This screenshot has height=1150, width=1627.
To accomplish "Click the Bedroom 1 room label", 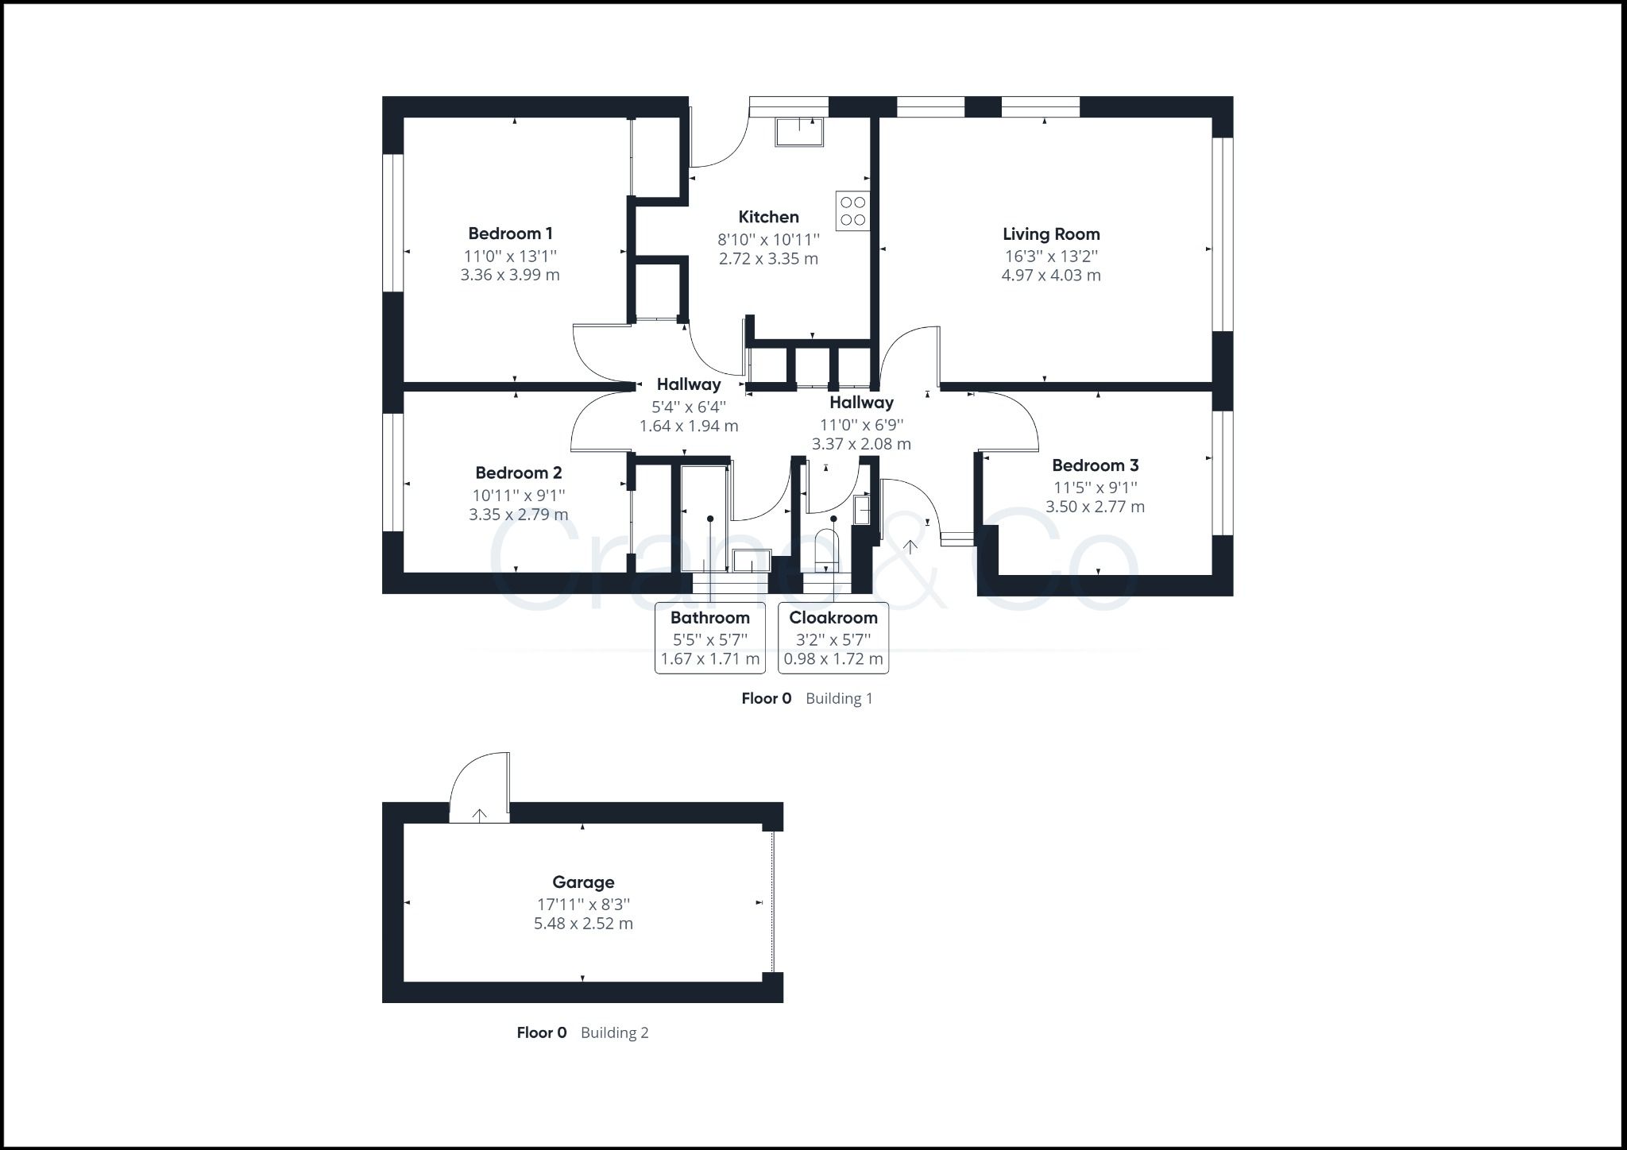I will coord(510,233).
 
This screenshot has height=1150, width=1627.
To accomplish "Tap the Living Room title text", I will coord(1051,234).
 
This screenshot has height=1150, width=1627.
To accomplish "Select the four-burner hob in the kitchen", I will coord(852,210).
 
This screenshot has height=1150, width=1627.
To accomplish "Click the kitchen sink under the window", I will coord(799,132).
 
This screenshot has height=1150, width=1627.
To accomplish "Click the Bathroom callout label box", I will coord(710,638).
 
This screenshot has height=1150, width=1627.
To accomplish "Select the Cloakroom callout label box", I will coord(833,638).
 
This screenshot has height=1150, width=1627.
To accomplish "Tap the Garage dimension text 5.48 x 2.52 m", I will coord(583,924).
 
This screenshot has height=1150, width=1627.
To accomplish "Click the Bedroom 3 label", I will coord(1095,465).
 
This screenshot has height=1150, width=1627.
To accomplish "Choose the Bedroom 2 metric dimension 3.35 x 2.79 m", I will coord(518,515).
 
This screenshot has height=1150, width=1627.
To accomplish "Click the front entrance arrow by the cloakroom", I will coord(910,546).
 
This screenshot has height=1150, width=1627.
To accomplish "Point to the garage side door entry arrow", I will coord(480,815).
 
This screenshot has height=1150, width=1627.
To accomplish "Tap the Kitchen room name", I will coord(768,217).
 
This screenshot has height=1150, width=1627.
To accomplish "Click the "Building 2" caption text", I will coord(614,1032).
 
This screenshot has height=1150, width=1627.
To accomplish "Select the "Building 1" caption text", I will coord(839,698).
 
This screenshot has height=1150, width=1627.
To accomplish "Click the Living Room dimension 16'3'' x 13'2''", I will coord(1051,256).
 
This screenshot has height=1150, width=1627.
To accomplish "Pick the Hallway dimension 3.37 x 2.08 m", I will coord(861,444).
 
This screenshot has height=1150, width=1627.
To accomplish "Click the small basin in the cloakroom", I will coord(862,509).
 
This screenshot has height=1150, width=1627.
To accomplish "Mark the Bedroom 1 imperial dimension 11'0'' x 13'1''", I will coord(510,256).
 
